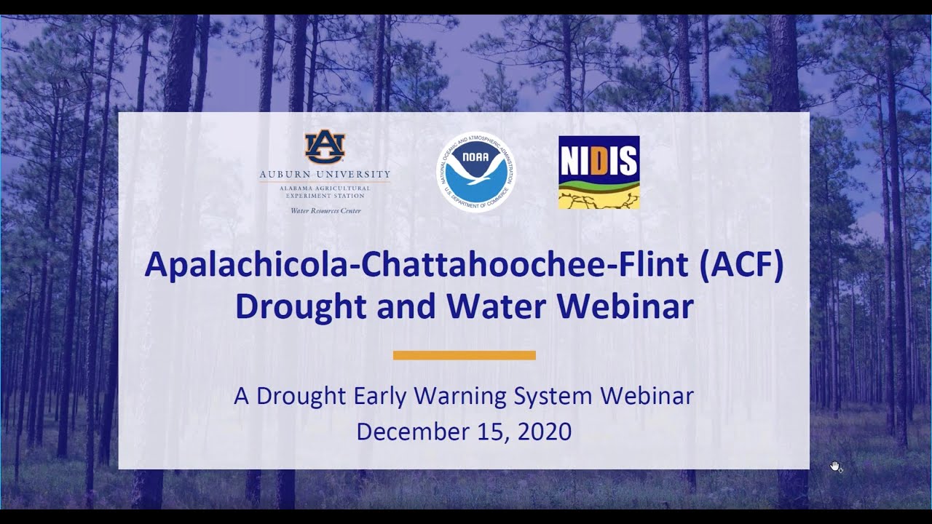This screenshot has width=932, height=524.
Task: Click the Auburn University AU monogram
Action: (x=325, y=148)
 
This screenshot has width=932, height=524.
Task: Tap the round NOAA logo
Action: (x=476, y=172)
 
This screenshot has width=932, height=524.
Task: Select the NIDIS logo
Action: (x=599, y=172)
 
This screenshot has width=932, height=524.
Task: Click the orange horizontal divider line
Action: (x=465, y=355)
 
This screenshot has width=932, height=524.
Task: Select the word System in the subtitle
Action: (x=554, y=396)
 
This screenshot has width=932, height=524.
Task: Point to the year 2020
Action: (x=545, y=431)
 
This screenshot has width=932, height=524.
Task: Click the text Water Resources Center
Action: (x=325, y=211)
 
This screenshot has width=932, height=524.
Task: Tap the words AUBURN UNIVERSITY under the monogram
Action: (x=325, y=175)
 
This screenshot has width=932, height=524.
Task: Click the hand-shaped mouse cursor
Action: (x=836, y=467)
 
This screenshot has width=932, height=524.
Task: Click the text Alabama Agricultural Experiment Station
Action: (x=325, y=192)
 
